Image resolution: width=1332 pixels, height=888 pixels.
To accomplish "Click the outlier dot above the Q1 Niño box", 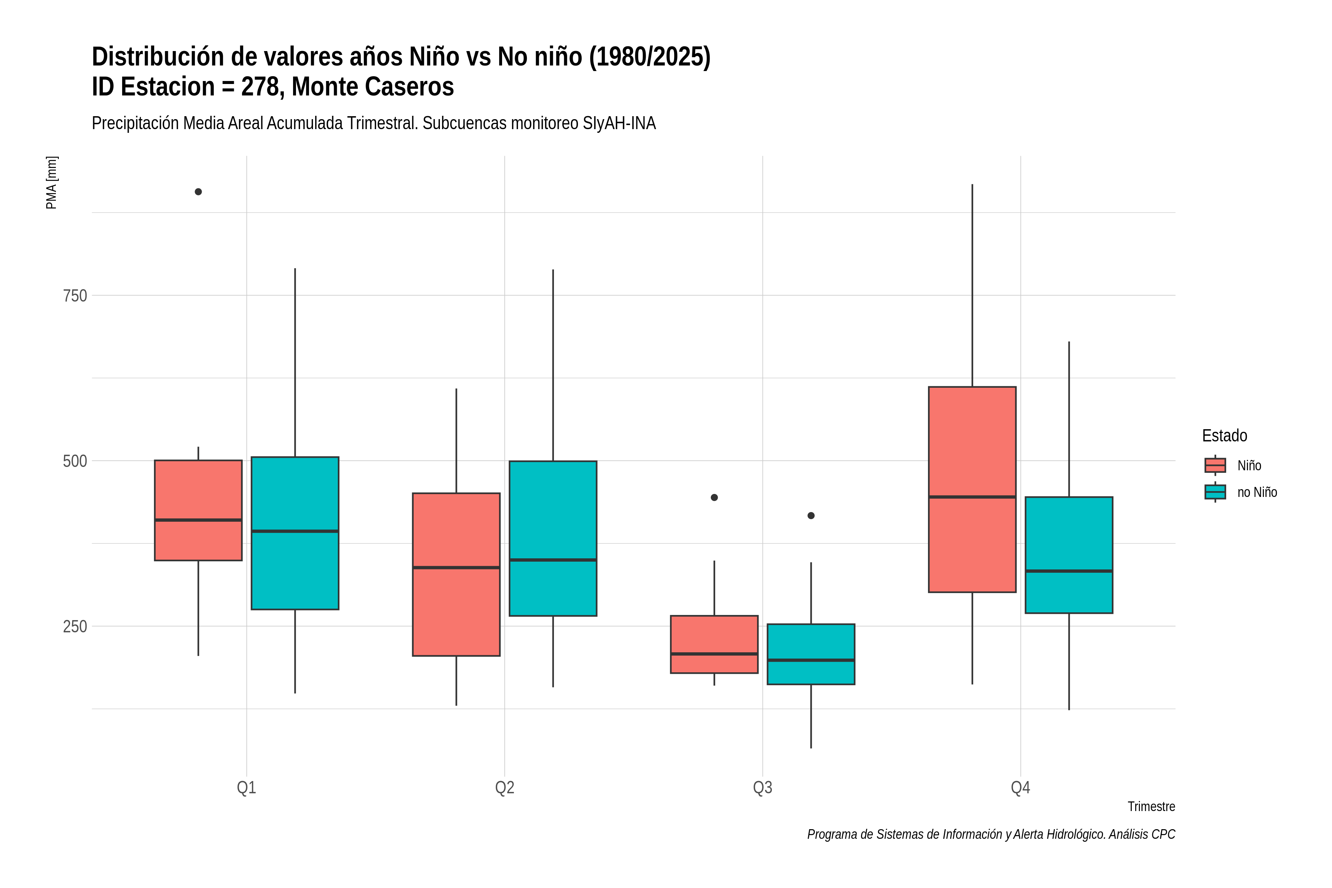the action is (198, 192).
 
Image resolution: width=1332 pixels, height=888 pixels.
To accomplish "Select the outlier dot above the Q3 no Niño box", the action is (811, 516).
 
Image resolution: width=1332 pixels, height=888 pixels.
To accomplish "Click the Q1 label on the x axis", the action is (246, 788).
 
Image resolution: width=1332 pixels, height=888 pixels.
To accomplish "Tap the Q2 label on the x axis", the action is (505, 788).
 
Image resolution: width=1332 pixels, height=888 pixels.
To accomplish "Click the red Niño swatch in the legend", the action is (1215, 465).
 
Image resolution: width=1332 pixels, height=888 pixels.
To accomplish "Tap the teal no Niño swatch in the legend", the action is (1215, 492).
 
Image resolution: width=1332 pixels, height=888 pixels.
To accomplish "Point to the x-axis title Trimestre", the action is (1151, 807).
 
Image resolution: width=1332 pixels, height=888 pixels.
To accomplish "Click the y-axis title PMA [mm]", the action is (51, 183).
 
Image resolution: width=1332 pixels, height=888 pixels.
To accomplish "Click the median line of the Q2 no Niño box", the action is (553, 560).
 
